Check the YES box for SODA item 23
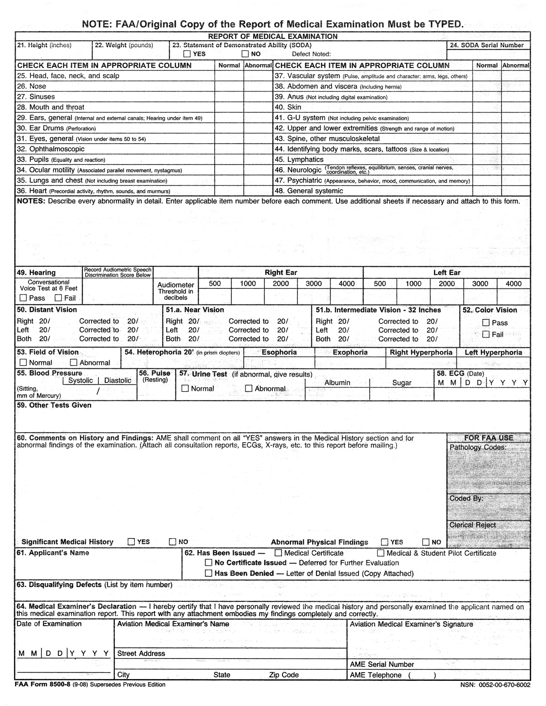click(x=187, y=54)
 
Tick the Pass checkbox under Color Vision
click(x=486, y=323)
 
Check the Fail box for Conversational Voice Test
click(x=58, y=298)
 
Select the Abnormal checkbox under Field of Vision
click(x=74, y=362)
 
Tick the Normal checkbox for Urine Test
click(x=185, y=389)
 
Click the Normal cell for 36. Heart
click(x=229, y=191)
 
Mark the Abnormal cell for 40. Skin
click(x=516, y=107)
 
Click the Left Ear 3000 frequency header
click(x=480, y=283)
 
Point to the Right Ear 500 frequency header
click(x=215, y=283)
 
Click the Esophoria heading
click(x=279, y=352)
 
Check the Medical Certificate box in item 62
click(x=278, y=553)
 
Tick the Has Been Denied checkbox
click(x=209, y=573)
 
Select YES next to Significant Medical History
click(x=131, y=542)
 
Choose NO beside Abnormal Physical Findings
click(x=426, y=542)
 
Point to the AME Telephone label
click(x=376, y=675)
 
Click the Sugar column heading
click(x=402, y=383)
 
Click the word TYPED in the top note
click(x=445, y=24)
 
